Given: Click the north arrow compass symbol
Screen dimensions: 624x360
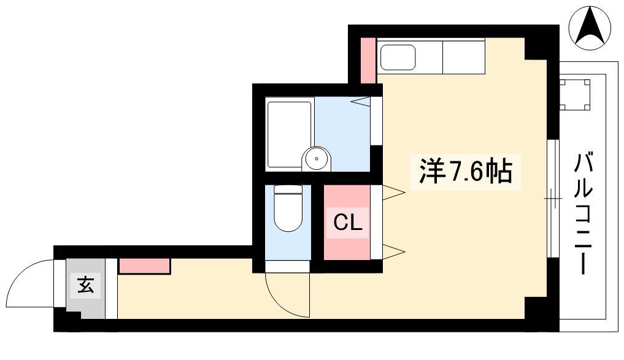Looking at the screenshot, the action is (590, 26).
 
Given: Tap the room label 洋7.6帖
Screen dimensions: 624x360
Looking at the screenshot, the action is (466, 172).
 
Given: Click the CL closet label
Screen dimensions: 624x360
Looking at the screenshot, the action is (348, 223).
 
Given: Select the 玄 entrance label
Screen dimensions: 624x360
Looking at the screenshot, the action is (86, 285).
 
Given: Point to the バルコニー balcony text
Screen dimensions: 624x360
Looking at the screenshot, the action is (583, 213).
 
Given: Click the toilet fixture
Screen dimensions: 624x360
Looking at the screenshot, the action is (288, 209).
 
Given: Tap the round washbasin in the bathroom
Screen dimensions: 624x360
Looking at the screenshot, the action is (317, 159).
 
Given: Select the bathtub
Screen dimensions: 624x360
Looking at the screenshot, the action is (290, 134).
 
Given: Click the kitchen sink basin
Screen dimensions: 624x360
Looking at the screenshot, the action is (398, 57).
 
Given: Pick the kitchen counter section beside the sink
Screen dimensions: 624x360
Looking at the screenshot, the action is (463, 56).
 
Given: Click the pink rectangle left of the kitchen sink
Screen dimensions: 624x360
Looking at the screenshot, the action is (368, 61).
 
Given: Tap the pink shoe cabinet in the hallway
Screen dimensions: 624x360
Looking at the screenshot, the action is (144, 266).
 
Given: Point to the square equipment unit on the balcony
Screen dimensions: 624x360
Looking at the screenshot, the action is (575, 94).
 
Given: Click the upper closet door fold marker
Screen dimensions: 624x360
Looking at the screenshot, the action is (393, 193).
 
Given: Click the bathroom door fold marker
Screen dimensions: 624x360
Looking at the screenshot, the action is (361, 101).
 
